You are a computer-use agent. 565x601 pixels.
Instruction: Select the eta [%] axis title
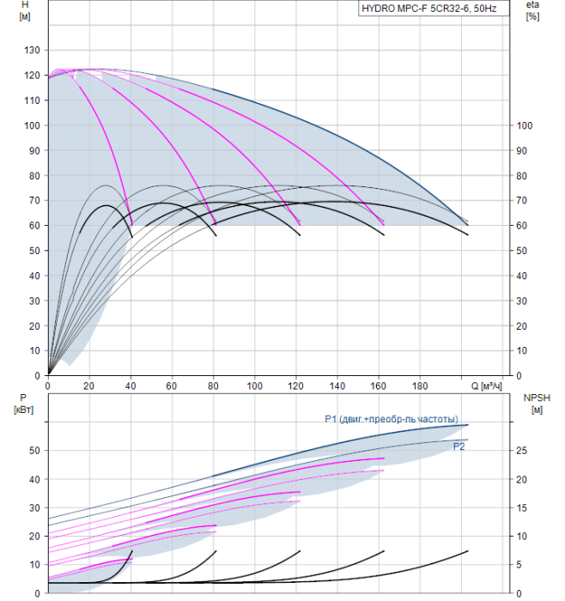[532, 11]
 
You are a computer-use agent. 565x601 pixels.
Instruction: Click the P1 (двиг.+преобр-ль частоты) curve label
[397, 419]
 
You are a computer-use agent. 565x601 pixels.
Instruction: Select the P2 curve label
[459, 446]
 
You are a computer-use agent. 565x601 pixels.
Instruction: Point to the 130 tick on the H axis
[32, 51]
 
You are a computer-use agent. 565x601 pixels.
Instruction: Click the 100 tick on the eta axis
[525, 125]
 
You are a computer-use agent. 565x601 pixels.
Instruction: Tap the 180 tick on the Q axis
[421, 385]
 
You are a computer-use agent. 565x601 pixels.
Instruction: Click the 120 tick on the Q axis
[296, 385]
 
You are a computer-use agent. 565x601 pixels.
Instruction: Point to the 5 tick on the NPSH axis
[520, 564]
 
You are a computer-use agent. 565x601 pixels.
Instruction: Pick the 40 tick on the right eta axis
[522, 276]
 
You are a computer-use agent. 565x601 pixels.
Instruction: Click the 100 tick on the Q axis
[255, 385]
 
